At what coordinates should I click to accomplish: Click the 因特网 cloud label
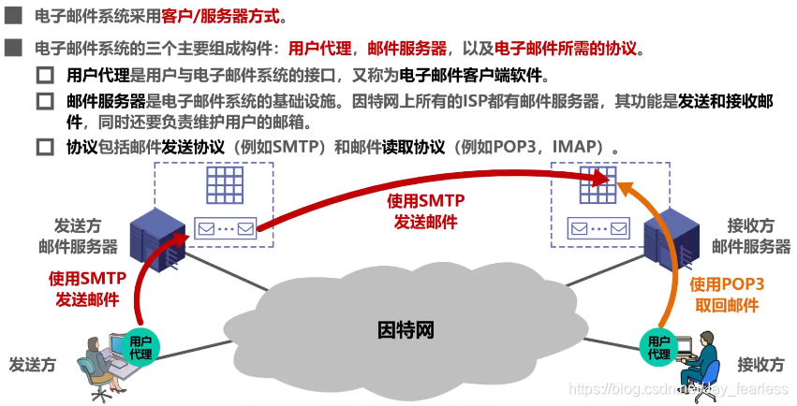point(406,331)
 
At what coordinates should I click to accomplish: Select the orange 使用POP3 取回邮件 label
point(727,295)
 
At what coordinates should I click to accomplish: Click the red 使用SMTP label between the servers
point(426,211)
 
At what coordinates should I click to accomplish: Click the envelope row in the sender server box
point(225,227)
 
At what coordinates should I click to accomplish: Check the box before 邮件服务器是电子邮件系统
point(45,100)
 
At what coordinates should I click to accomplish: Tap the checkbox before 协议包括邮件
point(45,147)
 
